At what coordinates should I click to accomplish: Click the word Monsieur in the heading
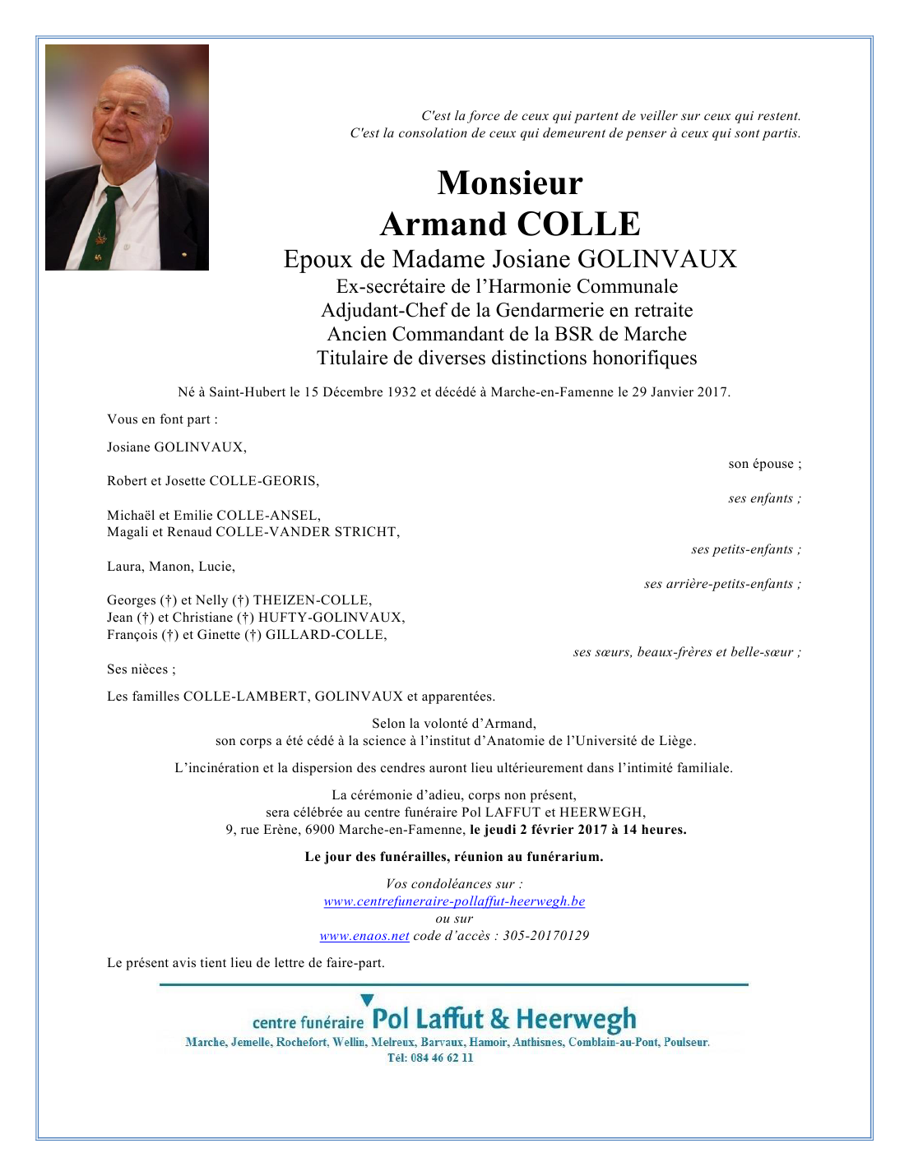tap(510, 183)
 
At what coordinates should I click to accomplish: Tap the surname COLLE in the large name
tap(578, 224)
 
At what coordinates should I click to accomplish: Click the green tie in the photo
tap(104, 226)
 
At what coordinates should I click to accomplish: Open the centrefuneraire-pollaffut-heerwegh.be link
tap(454, 901)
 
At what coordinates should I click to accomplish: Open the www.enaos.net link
tap(364, 936)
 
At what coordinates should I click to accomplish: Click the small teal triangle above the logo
tap(367, 1000)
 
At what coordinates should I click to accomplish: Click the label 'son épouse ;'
tap(764, 464)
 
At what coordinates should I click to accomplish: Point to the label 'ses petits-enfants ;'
tap(745, 549)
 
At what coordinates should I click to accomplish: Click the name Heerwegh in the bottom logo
tap(576, 1020)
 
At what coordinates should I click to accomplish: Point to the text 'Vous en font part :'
tap(162, 419)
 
